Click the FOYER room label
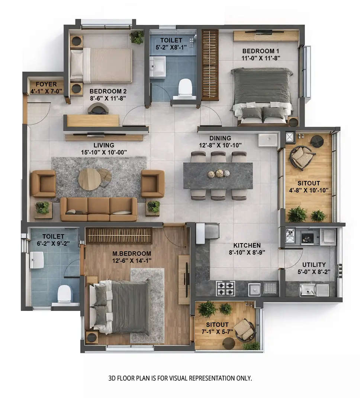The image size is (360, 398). [46, 85]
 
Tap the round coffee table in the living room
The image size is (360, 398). [90, 179]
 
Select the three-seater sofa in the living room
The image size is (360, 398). [99, 209]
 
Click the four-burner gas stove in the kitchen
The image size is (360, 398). [225, 288]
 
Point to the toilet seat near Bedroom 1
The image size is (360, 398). [185, 88]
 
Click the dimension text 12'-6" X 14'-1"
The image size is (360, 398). [132, 260]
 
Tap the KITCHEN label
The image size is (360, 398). [247, 245]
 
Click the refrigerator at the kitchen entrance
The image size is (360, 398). [207, 231]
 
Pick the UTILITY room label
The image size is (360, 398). [314, 265]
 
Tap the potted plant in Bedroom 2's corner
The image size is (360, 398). [137, 37]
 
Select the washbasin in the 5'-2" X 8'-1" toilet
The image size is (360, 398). [158, 67]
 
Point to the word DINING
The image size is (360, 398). [220, 138]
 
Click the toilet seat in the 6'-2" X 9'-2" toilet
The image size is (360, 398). [65, 294]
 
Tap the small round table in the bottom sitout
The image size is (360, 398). [229, 343]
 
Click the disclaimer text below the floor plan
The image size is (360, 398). [180, 378]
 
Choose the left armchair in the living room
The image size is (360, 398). [44, 183]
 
